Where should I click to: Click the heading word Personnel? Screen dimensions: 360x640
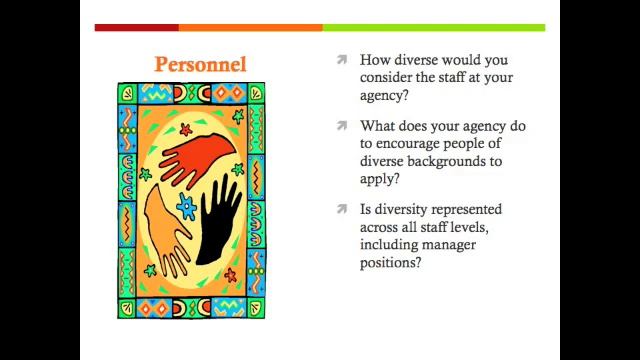point(200,64)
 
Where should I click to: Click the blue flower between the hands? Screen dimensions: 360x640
point(186,207)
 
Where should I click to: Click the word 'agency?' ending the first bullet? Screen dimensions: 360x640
point(384,96)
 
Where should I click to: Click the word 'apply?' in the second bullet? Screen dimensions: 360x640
point(379,179)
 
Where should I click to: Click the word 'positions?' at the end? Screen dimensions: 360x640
point(390,263)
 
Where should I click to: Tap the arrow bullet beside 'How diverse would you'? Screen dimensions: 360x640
point(342,60)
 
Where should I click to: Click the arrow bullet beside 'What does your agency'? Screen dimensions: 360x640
point(342,126)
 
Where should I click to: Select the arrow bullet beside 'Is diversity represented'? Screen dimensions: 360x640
point(342,209)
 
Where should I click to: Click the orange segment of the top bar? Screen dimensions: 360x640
point(250,28)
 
